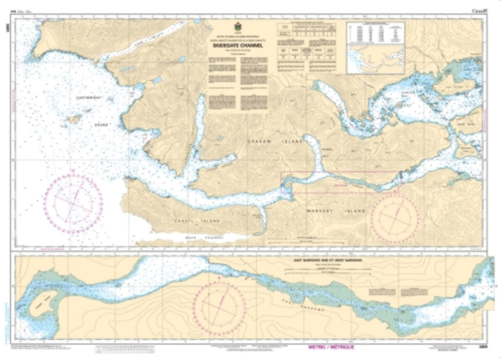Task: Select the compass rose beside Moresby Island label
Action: [x=395, y=215]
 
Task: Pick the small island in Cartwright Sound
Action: [x=74, y=119]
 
